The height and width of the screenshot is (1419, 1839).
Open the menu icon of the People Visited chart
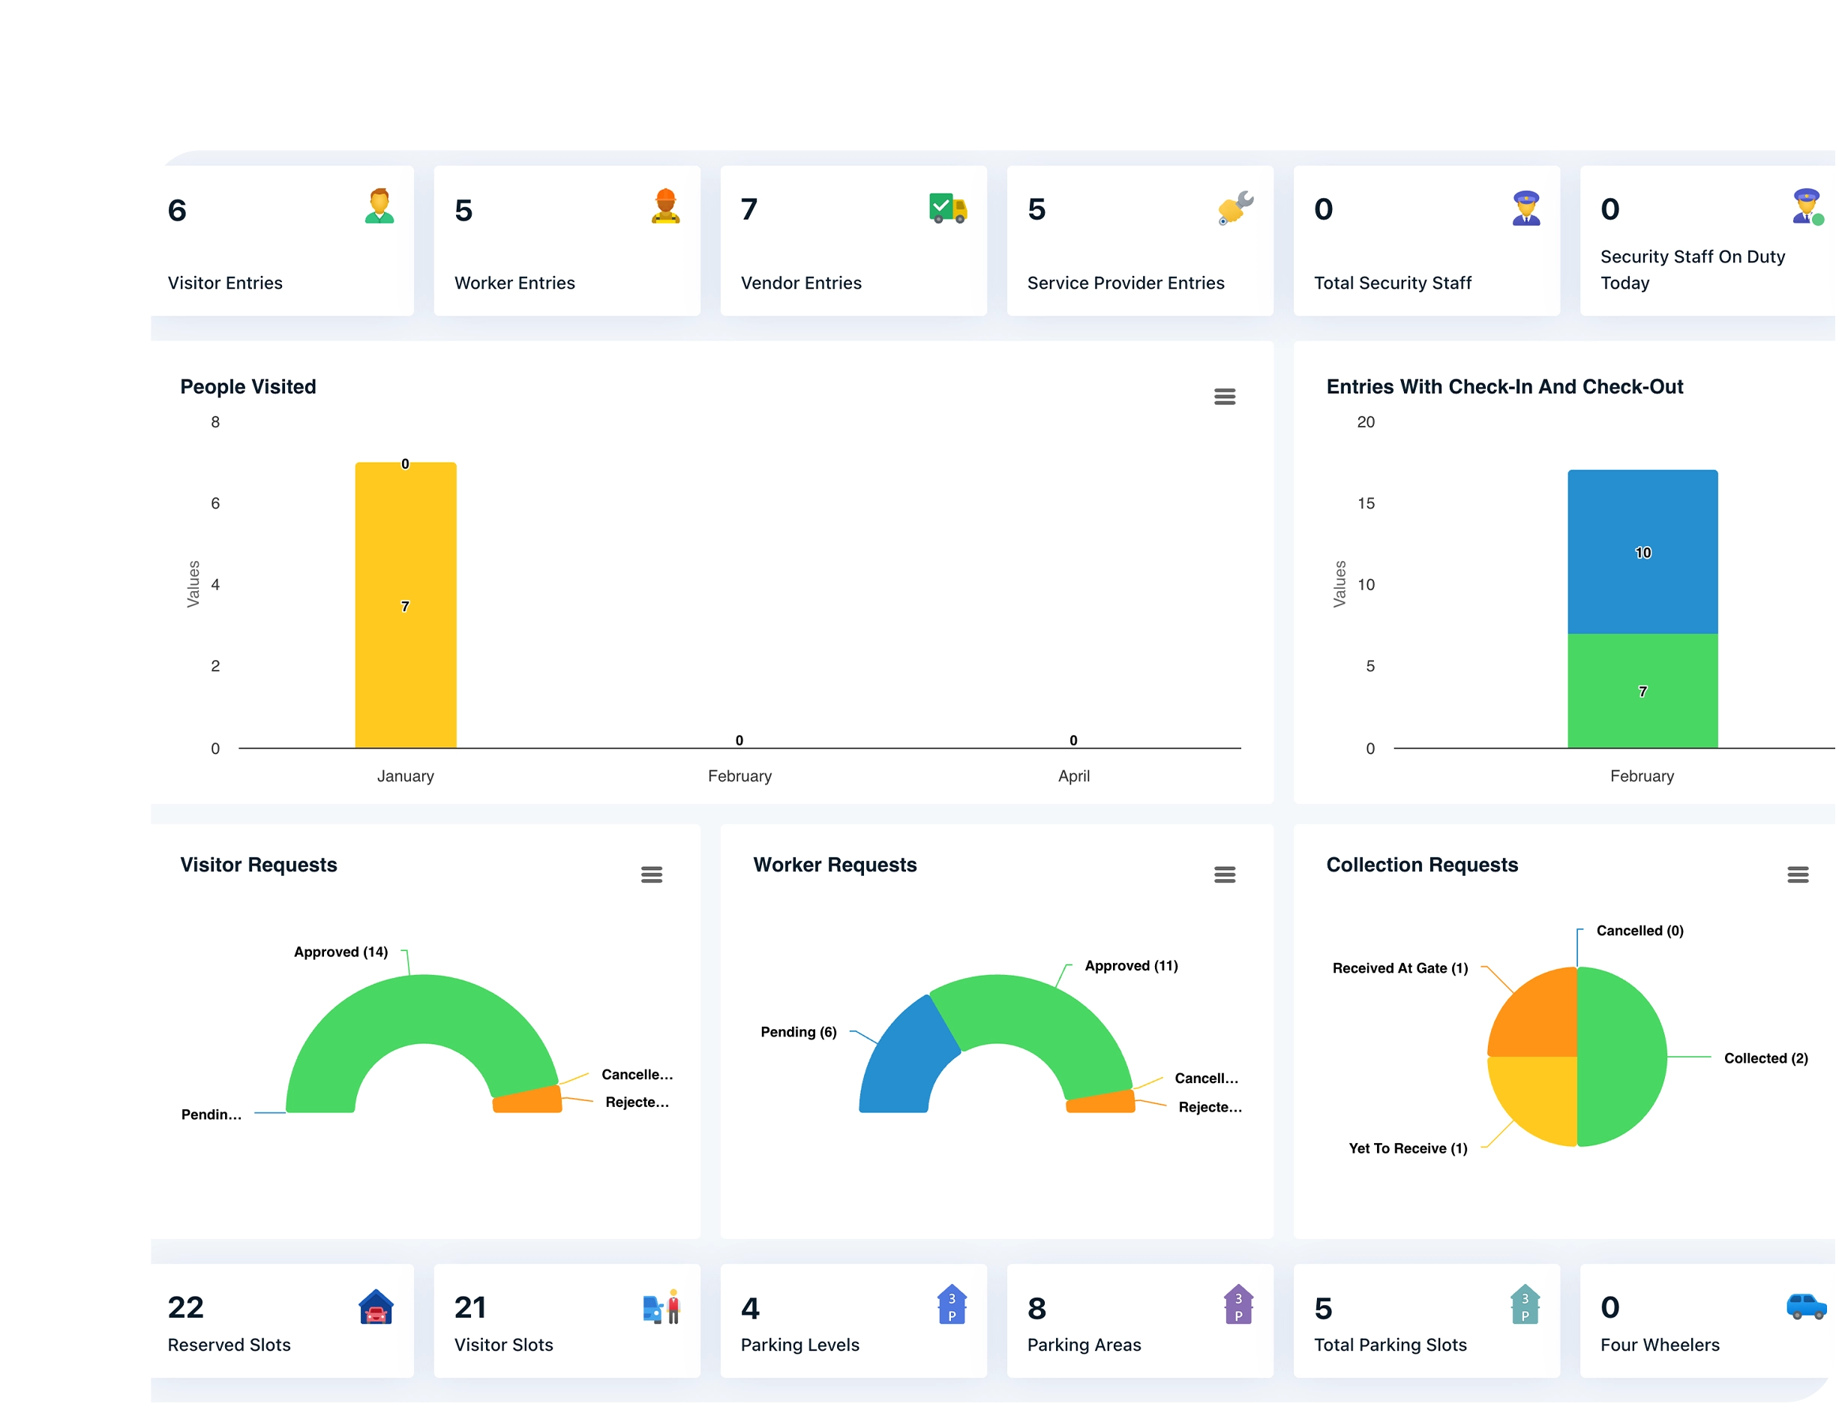click(x=1224, y=397)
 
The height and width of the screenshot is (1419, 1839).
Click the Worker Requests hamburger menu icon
click(x=1224, y=875)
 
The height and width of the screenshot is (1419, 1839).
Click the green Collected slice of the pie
click(x=1621, y=1057)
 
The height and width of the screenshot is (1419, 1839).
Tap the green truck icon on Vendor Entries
click(x=947, y=208)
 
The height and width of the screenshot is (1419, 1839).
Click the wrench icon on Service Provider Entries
click(x=1235, y=208)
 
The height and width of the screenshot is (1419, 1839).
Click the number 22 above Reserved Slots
click(x=185, y=1308)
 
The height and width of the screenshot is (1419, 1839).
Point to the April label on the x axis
click(x=1073, y=776)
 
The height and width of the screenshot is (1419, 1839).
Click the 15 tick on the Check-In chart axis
click(x=1366, y=503)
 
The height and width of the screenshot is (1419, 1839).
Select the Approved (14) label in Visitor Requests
click(x=341, y=952)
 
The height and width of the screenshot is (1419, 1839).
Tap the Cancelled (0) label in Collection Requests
click(x=1639, y=931)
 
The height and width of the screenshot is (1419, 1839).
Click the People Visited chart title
click(x=248, y=386)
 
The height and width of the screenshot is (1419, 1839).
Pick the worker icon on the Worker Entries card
click(x=665, y=206)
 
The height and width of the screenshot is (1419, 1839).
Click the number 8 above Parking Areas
click(x=1036, y=1309)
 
